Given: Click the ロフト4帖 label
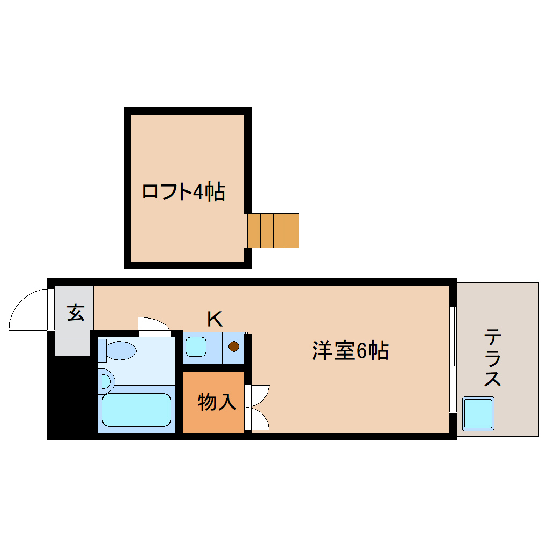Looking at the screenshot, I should [183, 191].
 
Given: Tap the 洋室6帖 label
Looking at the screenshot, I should [350, 351].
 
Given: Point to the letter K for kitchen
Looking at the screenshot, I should [215, 319].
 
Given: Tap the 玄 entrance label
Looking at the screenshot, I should [76, 312].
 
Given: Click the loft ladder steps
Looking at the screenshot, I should [273, 231].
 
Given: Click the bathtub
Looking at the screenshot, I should [136, 410].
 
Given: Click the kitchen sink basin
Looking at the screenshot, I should [196, 346].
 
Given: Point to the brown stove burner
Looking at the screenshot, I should [234, 346].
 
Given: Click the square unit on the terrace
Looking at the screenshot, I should [478, 413].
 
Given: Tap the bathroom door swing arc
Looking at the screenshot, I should [154, 325].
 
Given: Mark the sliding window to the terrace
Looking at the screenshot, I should [453, 359].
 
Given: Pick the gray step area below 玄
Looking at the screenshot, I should [72, 346].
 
